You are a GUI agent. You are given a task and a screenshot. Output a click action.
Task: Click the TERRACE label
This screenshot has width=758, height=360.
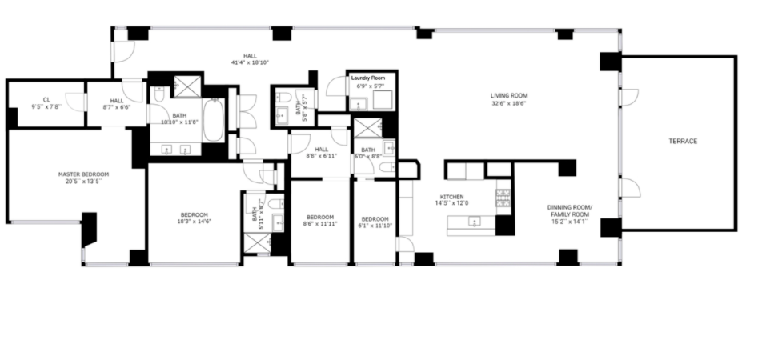pos(683,142)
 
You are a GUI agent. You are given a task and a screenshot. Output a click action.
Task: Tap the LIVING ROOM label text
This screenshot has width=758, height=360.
pos(509,95)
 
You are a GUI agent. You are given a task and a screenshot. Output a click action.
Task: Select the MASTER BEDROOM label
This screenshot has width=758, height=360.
pos(83,174)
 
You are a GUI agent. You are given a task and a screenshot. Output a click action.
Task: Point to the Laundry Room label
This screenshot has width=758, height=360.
pos(371,78)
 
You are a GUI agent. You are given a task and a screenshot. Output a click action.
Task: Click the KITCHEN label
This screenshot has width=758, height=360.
pos(452,197)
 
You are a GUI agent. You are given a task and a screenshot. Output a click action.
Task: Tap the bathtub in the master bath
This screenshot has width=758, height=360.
pos(215,119)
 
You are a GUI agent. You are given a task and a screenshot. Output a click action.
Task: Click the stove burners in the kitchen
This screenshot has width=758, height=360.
pos(503,198)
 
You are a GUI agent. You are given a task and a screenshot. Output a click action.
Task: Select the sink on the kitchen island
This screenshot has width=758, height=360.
pos(475,223)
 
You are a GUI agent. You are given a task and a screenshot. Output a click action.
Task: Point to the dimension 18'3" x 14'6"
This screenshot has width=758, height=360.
pos(194,222)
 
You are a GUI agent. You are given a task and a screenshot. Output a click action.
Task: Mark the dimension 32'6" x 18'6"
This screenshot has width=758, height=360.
pos(509,103)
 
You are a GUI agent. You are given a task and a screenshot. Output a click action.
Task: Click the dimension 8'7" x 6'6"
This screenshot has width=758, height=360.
pos(117,107)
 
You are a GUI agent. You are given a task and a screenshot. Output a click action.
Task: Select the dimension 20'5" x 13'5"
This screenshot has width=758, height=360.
pos(83,182)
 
